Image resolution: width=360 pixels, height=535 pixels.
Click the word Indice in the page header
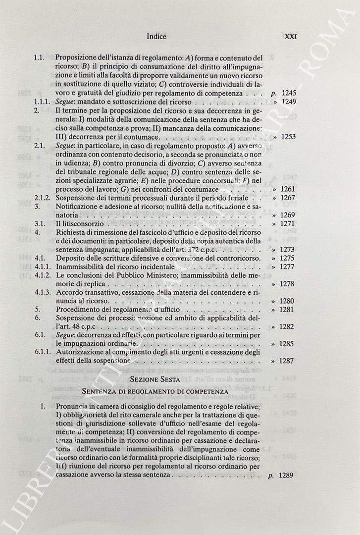point(156,36)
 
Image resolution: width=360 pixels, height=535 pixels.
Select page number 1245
point(288,93)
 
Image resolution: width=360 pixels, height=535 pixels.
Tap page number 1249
point(288,102)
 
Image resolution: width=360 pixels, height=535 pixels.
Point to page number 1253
point(288,137)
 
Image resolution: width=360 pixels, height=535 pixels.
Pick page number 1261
point(288,189)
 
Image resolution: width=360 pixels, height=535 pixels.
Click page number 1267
point(288,198)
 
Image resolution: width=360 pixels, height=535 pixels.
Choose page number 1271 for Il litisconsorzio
point(288,224)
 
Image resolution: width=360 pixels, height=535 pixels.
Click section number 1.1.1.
point(42,102)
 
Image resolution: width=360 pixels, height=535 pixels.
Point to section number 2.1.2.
point(42,198)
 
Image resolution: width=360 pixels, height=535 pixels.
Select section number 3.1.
point(39,224)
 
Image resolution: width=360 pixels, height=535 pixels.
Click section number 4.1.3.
point(42,293)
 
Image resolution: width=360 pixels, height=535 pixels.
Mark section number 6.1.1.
point(42,353)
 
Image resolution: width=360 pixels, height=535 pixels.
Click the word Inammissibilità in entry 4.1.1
point(81,267)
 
